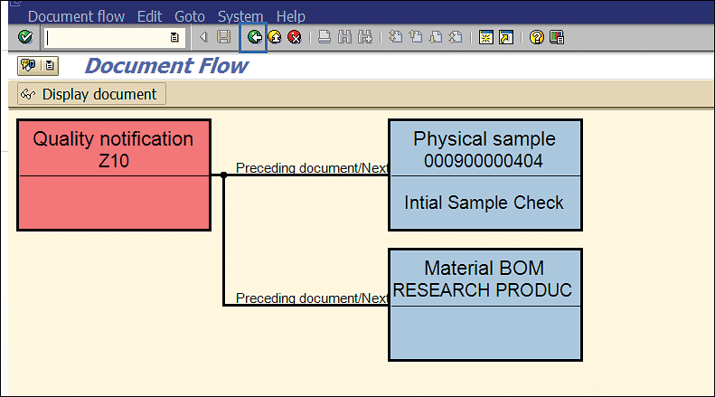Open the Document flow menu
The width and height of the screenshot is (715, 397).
coord(76,16)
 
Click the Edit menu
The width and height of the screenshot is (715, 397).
coord(149,16)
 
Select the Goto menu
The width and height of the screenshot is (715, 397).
coord(190,16)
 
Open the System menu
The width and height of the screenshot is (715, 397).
coord(240,16)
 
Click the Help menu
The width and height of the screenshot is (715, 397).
coord(290,16)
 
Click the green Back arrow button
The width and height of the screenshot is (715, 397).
coord(254,37)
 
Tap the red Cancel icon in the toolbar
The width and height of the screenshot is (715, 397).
coord(295,37)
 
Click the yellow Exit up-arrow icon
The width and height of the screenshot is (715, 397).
coord(275,37)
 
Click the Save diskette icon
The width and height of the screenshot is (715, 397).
coord(223,37)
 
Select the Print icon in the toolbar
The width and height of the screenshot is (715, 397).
coord(325,37)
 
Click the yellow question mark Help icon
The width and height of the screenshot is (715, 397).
coord(537,37)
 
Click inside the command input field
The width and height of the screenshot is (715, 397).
coord(108,37)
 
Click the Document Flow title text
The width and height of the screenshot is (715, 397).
coord(166,66)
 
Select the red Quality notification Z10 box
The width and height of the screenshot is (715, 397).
coord(114,175)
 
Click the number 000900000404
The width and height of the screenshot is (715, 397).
coord(484,161)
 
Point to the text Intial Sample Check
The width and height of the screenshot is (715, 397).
coord(484,203)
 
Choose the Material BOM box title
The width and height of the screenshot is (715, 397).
coord(484,269)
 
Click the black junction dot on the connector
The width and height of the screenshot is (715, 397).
coord(223,175)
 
